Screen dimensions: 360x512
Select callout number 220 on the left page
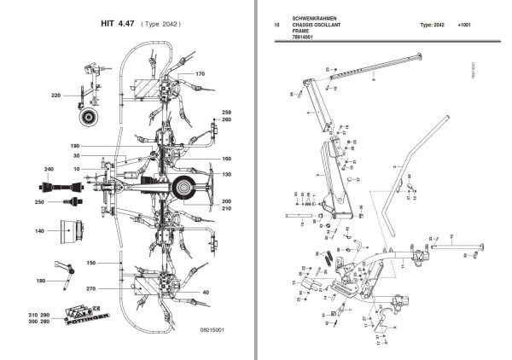point(57,95)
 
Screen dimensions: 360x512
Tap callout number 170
point(201,75)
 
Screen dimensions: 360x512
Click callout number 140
point(39,231)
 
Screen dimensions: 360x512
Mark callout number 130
point(227,175)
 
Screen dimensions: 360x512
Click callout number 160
point(227,160)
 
